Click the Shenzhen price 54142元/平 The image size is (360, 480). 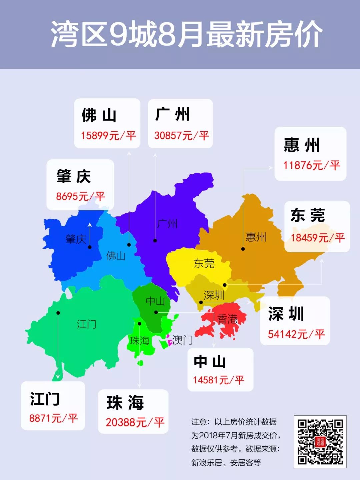296,334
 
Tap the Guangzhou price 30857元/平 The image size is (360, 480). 181,135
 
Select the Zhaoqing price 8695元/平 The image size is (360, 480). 80,196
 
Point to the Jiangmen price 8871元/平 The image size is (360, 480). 53,418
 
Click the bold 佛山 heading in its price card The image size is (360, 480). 99,115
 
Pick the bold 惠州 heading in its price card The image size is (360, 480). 302,145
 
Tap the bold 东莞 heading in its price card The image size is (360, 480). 307,215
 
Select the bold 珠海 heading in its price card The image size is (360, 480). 125,403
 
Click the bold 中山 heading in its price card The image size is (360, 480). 210,362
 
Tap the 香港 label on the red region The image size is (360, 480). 227,319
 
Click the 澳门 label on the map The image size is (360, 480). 182,340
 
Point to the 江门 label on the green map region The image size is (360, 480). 86,324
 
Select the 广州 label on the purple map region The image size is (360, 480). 167,223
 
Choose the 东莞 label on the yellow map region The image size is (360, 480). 204,264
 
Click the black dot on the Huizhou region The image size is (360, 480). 243,249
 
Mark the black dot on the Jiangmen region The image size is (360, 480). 58,313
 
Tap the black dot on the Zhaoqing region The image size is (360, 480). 89,247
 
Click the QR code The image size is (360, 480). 320,442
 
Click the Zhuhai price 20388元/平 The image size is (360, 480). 135,422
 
